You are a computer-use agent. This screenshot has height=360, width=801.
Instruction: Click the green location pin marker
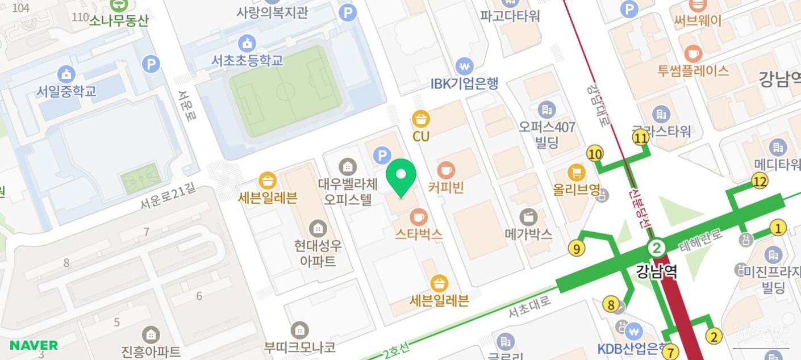(401, 176)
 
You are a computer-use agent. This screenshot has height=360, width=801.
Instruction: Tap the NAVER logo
(34, 345)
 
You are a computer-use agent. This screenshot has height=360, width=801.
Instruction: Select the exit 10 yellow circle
(595, 153)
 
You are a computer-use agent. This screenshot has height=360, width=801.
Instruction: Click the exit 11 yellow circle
(641, 137)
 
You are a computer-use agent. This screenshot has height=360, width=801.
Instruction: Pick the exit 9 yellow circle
(577, 248)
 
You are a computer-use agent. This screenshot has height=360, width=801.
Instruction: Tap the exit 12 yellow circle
(760, 182)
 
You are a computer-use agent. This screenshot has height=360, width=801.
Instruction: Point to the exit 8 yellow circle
(611, 305)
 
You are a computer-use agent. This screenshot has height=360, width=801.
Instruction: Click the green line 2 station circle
(656, 248)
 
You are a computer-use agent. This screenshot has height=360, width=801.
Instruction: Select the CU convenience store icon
(421, 119)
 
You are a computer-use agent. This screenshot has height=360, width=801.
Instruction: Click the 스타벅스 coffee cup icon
(419, 217)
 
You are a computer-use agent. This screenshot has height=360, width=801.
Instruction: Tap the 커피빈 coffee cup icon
(446, 170)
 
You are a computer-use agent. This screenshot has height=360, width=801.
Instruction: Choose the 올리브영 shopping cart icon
(577, 172)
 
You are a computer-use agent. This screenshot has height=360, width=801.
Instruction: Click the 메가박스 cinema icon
(528, 217)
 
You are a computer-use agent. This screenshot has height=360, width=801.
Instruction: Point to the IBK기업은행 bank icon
(465, 66)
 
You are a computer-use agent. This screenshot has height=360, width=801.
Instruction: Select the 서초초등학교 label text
(247, 60)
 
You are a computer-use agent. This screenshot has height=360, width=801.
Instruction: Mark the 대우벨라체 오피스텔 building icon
(348, 167)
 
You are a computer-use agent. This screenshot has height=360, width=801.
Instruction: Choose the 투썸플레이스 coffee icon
(692, 54)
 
